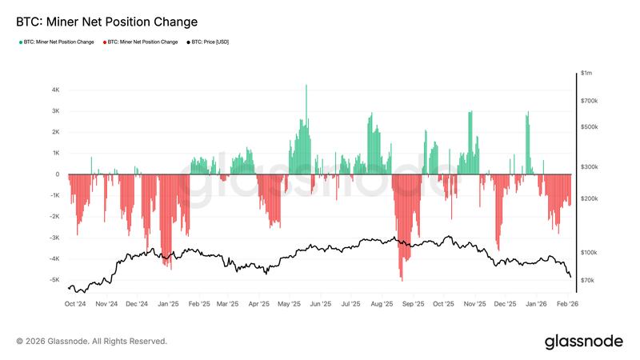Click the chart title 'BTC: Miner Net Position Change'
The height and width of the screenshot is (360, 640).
pyautogui.click(x=107, y=22)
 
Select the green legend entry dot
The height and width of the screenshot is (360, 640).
pyautogui.click(x=19, y=42)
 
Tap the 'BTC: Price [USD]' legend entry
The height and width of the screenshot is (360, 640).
pyautogui.click(x=210, y=42)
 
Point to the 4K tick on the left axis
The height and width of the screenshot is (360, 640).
pyautogui.click(x=55, y=90)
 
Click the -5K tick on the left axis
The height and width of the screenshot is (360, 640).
pyautogui.click(x=54, y=280)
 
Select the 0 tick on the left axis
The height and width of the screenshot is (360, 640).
pyautogui.click(x=58, y=174)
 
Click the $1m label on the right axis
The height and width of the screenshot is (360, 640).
pyautogui.click(x=587, y=74)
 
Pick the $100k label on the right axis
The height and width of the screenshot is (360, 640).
pyautogui.click(x=589, y=252)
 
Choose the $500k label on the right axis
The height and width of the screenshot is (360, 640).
pyautogui.click(x=589, y=127)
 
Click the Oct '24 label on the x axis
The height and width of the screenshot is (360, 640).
pyautogui.click(x=75, y=304)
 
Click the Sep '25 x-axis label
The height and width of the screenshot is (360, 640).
pyautogui.click(x=413, y=304)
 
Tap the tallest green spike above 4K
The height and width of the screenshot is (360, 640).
pyautogui.click(x=306, y=86)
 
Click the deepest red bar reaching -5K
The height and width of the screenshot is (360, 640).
pyautogui.click(x=401, y=278)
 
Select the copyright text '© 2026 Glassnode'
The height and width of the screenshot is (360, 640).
pyautogui.click(x=92, y=341)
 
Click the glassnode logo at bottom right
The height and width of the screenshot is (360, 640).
pyautogui.click(x=583, y=342)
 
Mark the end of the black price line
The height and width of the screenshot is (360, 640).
pyautogui.click(x=571, y=278)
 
